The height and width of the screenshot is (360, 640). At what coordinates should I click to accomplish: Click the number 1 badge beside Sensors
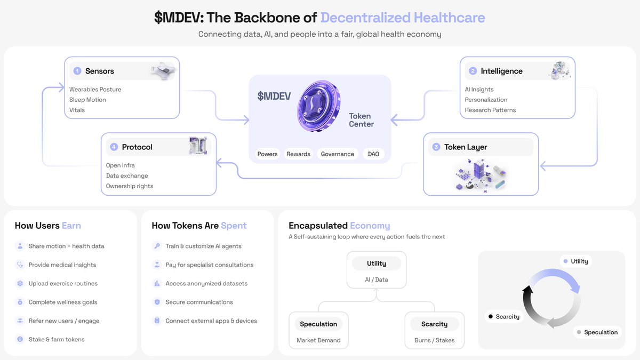[77, 71]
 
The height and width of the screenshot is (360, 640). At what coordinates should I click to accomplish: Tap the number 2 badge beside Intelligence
[473, 71]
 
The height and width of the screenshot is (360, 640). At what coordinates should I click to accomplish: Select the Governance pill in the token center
[337, 154]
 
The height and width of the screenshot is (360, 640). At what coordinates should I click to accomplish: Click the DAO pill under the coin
[373, 154]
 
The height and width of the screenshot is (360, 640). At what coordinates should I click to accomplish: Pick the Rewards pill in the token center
[298, 154]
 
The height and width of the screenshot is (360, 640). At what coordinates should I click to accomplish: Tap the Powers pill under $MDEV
[267, 154]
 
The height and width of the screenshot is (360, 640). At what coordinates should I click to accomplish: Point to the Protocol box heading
[137, 147]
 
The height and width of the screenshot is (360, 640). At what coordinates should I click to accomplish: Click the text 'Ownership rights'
[130, 186]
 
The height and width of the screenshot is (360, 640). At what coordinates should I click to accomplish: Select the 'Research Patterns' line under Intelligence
[490, 110]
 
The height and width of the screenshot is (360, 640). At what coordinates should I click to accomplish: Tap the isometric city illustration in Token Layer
[480, 175]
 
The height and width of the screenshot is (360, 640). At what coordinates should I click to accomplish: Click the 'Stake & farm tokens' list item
[57, 339]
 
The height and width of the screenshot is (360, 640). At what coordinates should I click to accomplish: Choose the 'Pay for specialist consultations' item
[209, 265]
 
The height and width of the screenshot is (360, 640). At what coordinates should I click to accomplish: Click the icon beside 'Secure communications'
[157, 302]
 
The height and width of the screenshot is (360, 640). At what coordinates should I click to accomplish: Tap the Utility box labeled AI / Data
[377, 270]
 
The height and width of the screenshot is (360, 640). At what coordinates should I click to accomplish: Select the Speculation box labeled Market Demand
[318, 331]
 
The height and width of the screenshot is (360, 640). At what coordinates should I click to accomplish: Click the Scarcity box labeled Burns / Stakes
[434, 331]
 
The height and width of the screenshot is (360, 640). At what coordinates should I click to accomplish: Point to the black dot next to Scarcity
[490, 316]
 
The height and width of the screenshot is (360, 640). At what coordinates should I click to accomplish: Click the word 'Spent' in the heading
[234, 226]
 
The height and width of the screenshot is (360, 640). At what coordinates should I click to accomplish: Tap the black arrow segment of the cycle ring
[528, 304]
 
